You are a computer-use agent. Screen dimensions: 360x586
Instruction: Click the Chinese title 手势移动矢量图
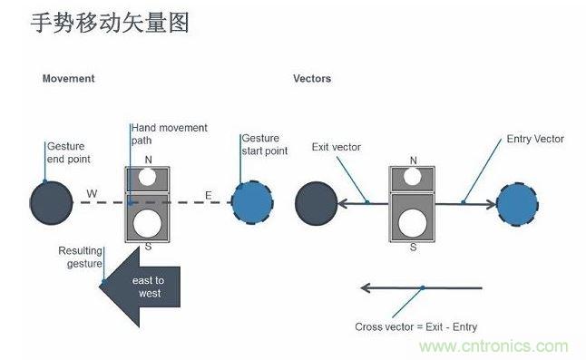(x=110, y=24)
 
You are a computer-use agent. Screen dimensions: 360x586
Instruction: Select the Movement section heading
(x=68, y=79)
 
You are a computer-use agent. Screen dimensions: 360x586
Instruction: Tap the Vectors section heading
(x=312, y=79)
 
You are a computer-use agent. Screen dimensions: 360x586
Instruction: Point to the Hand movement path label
(x=169, y=134)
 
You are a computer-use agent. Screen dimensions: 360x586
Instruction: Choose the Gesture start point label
(x=264, y=145)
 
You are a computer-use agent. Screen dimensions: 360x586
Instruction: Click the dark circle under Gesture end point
(x=51, y=200)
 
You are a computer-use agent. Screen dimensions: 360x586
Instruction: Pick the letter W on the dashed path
(x=92, y=193)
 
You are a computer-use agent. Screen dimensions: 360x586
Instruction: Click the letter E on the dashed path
(x=207, y=193)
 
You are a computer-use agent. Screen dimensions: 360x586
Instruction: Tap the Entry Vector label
(x=535, y=139)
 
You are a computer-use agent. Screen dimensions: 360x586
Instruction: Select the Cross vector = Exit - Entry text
(x=415, y=326)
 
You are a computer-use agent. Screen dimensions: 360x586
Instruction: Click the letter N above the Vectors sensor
(x=413, y=161)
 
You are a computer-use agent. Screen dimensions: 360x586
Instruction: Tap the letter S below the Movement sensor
(x=147, y=246)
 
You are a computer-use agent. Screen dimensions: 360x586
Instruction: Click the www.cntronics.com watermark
(x=493, y=346)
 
